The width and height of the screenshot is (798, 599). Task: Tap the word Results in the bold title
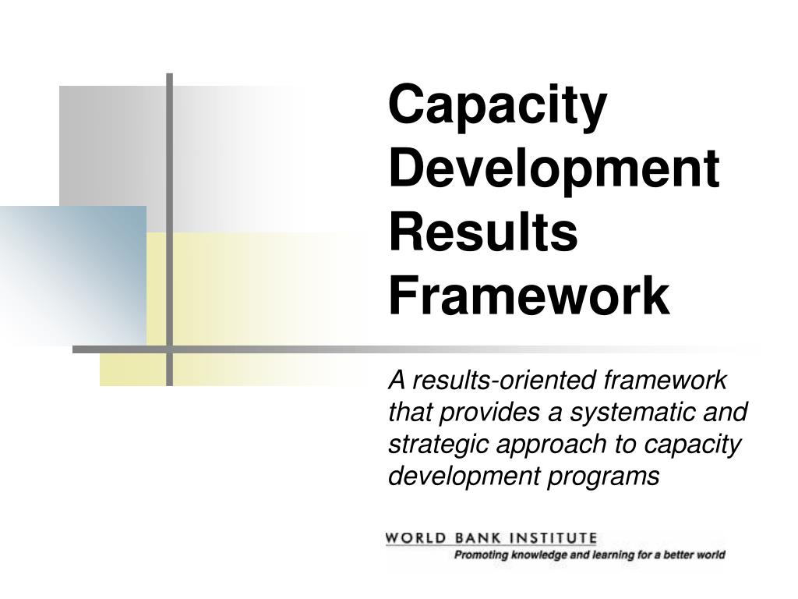(483, 232)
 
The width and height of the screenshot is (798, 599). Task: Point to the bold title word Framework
(529, 296)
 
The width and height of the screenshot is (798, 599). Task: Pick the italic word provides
(475, 412)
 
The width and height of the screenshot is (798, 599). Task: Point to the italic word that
(406, 412)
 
